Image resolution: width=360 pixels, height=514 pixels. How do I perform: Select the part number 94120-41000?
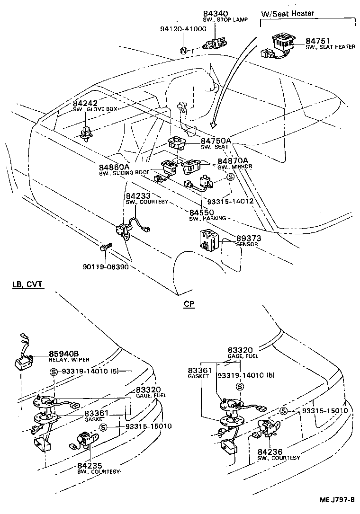pos(183,29)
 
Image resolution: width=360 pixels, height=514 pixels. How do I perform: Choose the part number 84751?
pos(317,41)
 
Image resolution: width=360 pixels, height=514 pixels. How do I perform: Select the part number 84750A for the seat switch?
pos(216,141)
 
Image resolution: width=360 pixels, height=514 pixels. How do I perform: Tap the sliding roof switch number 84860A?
pos(114,167)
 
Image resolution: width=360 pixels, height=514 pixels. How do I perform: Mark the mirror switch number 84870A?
pos(233,160)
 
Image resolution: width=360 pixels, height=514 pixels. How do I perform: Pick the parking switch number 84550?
pos(202,213)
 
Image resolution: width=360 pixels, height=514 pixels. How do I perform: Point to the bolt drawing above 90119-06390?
pos(105,247)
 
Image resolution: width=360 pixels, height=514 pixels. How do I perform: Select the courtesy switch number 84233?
pos(138,195)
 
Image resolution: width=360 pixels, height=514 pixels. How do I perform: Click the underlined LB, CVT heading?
pos(27,284)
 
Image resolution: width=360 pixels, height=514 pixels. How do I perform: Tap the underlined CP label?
pos(189,304)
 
